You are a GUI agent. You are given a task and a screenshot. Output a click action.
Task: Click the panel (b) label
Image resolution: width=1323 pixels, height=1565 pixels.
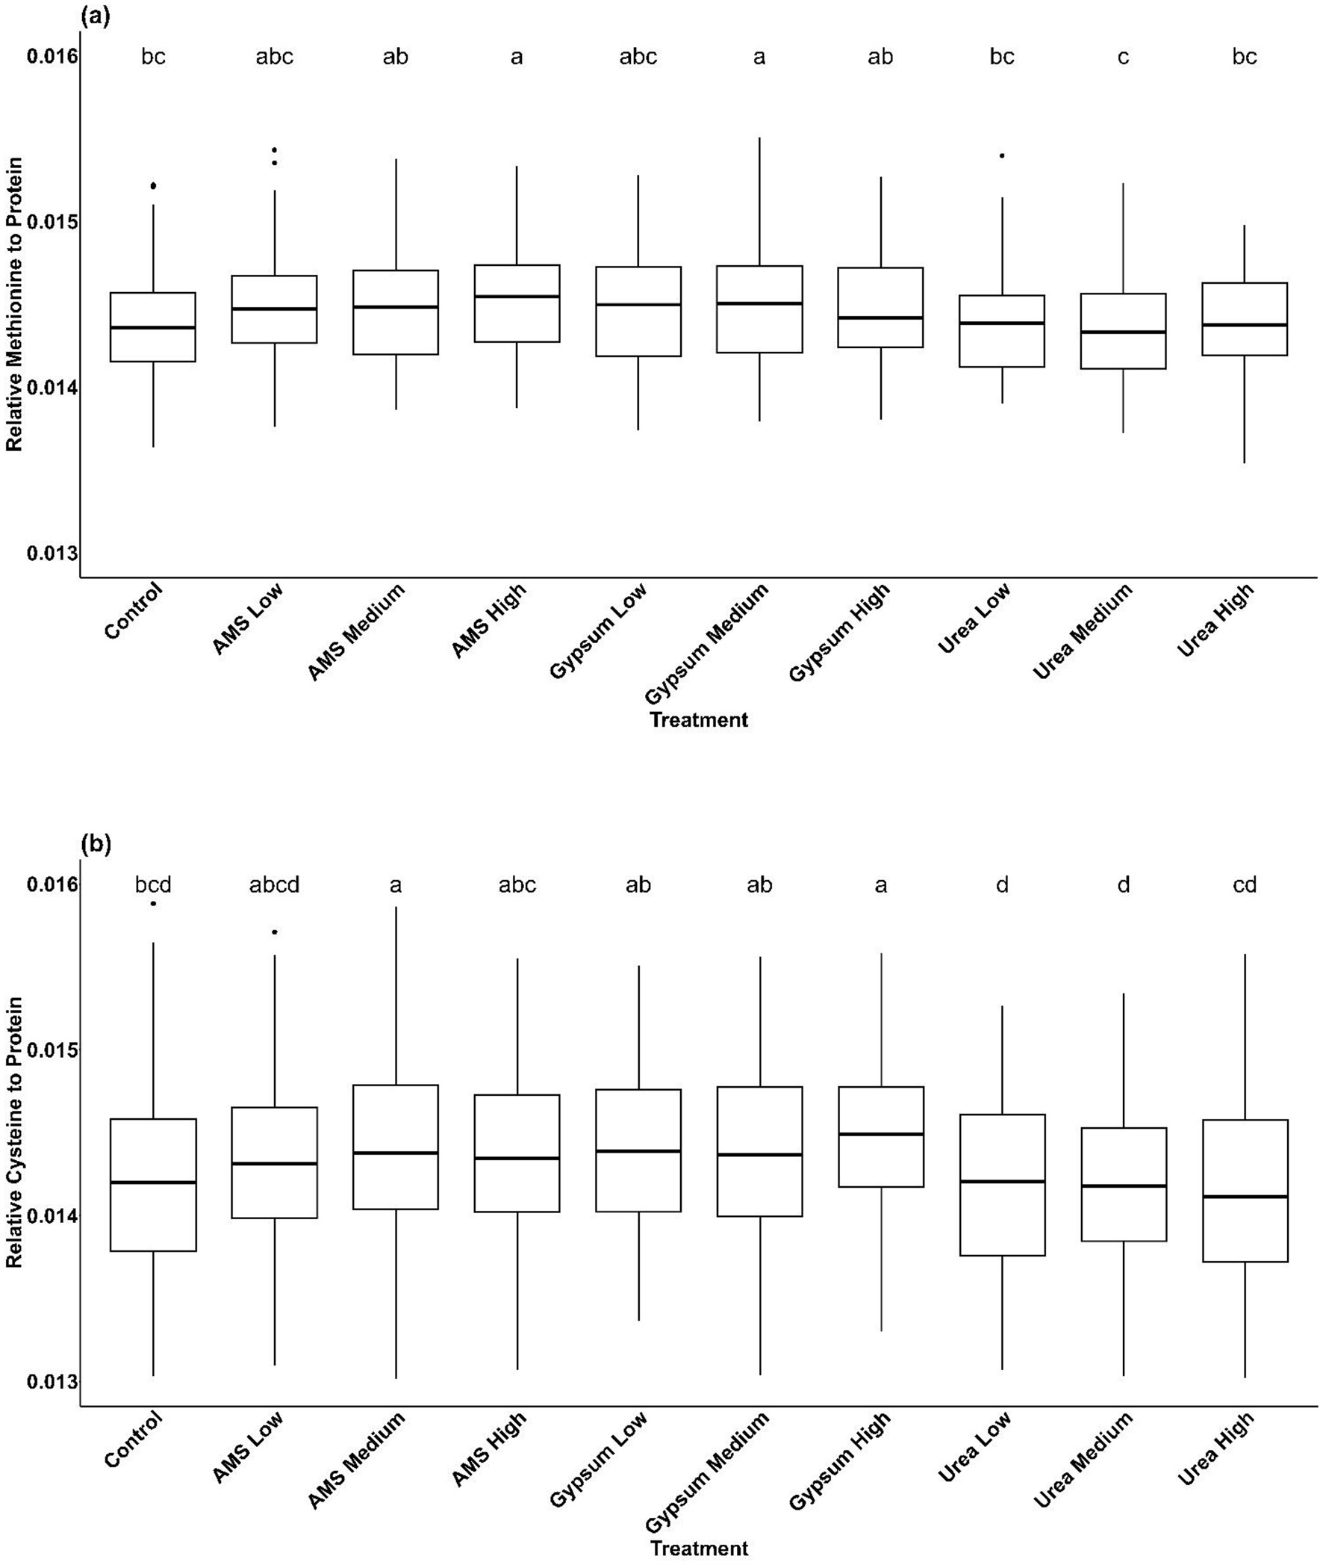pos(96,844)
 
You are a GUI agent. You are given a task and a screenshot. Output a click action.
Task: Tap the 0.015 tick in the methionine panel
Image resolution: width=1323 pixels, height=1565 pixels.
pos(52,222)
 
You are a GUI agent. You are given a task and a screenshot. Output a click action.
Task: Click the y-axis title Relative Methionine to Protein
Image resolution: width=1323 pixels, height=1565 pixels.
pos(14,304)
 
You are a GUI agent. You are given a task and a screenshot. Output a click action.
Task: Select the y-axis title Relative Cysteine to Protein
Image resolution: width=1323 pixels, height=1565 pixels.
pos(14,1132)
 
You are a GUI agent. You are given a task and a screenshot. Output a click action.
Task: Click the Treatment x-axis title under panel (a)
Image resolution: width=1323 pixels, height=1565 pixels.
pos(698,720)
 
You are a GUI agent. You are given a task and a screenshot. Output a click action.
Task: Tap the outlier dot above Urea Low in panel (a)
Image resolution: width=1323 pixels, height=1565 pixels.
pos(1001,156)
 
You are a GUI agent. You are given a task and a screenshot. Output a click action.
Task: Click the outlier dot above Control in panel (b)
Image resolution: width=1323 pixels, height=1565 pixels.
pos(153,903)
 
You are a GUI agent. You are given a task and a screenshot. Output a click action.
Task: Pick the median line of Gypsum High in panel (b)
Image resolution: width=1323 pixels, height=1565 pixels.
pos(880,1134)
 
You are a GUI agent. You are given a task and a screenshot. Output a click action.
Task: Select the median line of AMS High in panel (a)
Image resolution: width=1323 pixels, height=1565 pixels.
pos(517,297)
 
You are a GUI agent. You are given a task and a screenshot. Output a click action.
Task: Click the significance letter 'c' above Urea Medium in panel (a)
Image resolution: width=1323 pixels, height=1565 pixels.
pos(1123,57)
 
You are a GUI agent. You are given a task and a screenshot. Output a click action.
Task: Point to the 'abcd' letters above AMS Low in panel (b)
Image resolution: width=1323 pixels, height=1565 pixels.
pos(275,885)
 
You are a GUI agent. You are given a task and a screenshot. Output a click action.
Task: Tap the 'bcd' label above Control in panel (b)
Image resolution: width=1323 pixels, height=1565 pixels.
pos(153,885)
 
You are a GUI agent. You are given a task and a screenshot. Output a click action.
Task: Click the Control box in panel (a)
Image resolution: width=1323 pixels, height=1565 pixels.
pos(153,327)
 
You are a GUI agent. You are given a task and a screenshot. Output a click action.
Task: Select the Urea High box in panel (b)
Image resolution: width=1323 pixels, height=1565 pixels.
pos(1245,1191)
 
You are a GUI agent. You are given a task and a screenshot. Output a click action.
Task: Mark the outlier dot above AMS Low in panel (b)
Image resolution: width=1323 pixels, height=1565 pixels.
pos(275,932)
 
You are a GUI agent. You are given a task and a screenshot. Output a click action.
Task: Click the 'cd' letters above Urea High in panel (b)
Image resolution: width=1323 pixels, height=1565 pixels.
pos(1245,885)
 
